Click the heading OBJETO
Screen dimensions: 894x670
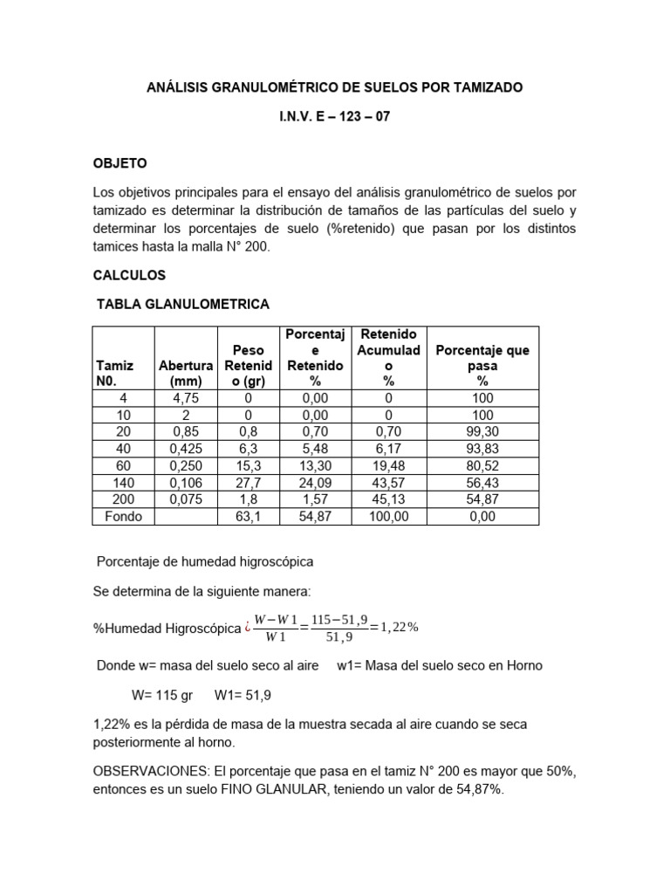coord(120,163)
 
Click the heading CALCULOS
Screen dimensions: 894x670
coord(129,275)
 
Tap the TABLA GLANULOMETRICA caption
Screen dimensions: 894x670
coord(182,304)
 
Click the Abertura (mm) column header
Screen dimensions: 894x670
coord(186,374)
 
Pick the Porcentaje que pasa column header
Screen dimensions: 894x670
coord(482,366)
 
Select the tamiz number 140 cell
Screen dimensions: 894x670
coord(123,484)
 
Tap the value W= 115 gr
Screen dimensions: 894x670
coord(161,697)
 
